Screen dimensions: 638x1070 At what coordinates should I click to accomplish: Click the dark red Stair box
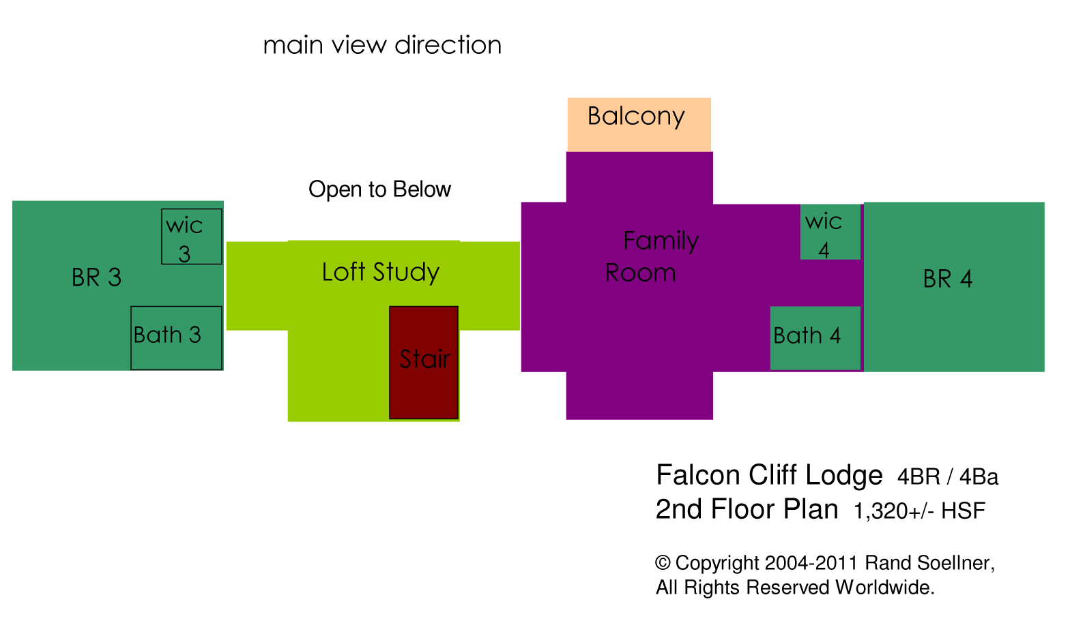point(423,362)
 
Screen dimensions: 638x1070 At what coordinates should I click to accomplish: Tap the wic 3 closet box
point(192,237)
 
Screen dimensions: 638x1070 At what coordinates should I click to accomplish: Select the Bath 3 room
point(176,337)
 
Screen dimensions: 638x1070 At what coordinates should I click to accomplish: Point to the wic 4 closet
point(830,232)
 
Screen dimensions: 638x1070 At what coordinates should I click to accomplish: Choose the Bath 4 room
point(815,337)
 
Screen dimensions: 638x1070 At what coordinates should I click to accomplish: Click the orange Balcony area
point(639,123)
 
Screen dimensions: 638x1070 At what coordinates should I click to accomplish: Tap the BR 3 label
point(96,277)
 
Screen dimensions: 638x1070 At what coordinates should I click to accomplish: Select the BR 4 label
point(947,279)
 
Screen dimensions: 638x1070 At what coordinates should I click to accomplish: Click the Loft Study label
point(380,272)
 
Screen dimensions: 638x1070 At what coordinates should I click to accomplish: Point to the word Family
point(661,241)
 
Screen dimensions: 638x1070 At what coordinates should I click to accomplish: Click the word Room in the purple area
point(640,273)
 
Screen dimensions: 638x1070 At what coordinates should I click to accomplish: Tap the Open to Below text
point(379,189)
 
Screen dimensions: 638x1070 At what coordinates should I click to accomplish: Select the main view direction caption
point(382,45)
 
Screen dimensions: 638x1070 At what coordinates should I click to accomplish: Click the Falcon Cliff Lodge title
point(769,475)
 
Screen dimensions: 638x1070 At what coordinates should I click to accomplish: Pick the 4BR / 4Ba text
point(947,477)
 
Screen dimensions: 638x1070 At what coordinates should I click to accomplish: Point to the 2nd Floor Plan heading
point(747,509)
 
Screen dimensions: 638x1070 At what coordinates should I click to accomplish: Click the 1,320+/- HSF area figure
point(919,511)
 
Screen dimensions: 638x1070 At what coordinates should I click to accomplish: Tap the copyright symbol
point(662,563)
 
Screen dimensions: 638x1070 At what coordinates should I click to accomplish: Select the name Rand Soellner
point(929,563)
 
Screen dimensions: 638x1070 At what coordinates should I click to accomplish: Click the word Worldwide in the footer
point(884,588)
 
